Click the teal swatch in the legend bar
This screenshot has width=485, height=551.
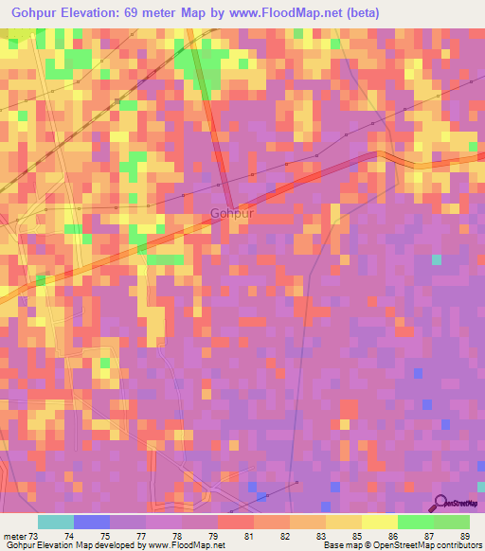55,523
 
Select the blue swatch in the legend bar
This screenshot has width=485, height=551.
91,523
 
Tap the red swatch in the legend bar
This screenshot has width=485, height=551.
235,523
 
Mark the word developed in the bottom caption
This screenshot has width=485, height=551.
115,545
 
